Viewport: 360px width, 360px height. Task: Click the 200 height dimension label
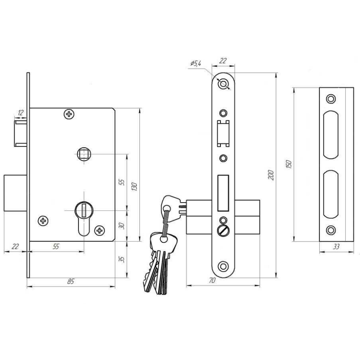[271, 175]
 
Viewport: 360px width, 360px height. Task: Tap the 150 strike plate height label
[289, 164]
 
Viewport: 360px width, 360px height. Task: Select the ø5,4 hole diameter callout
[196, 63]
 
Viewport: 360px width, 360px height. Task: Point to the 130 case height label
[134, 187]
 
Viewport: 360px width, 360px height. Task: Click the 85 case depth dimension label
[71, 281]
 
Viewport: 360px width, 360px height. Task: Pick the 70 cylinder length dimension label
[212, 280]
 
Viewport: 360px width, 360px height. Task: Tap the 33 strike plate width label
[336, 247]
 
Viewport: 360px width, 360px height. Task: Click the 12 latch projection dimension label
[21, 113]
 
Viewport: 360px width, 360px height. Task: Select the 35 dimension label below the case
[122, 259]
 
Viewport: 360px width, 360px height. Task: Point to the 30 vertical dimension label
[122, 226]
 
